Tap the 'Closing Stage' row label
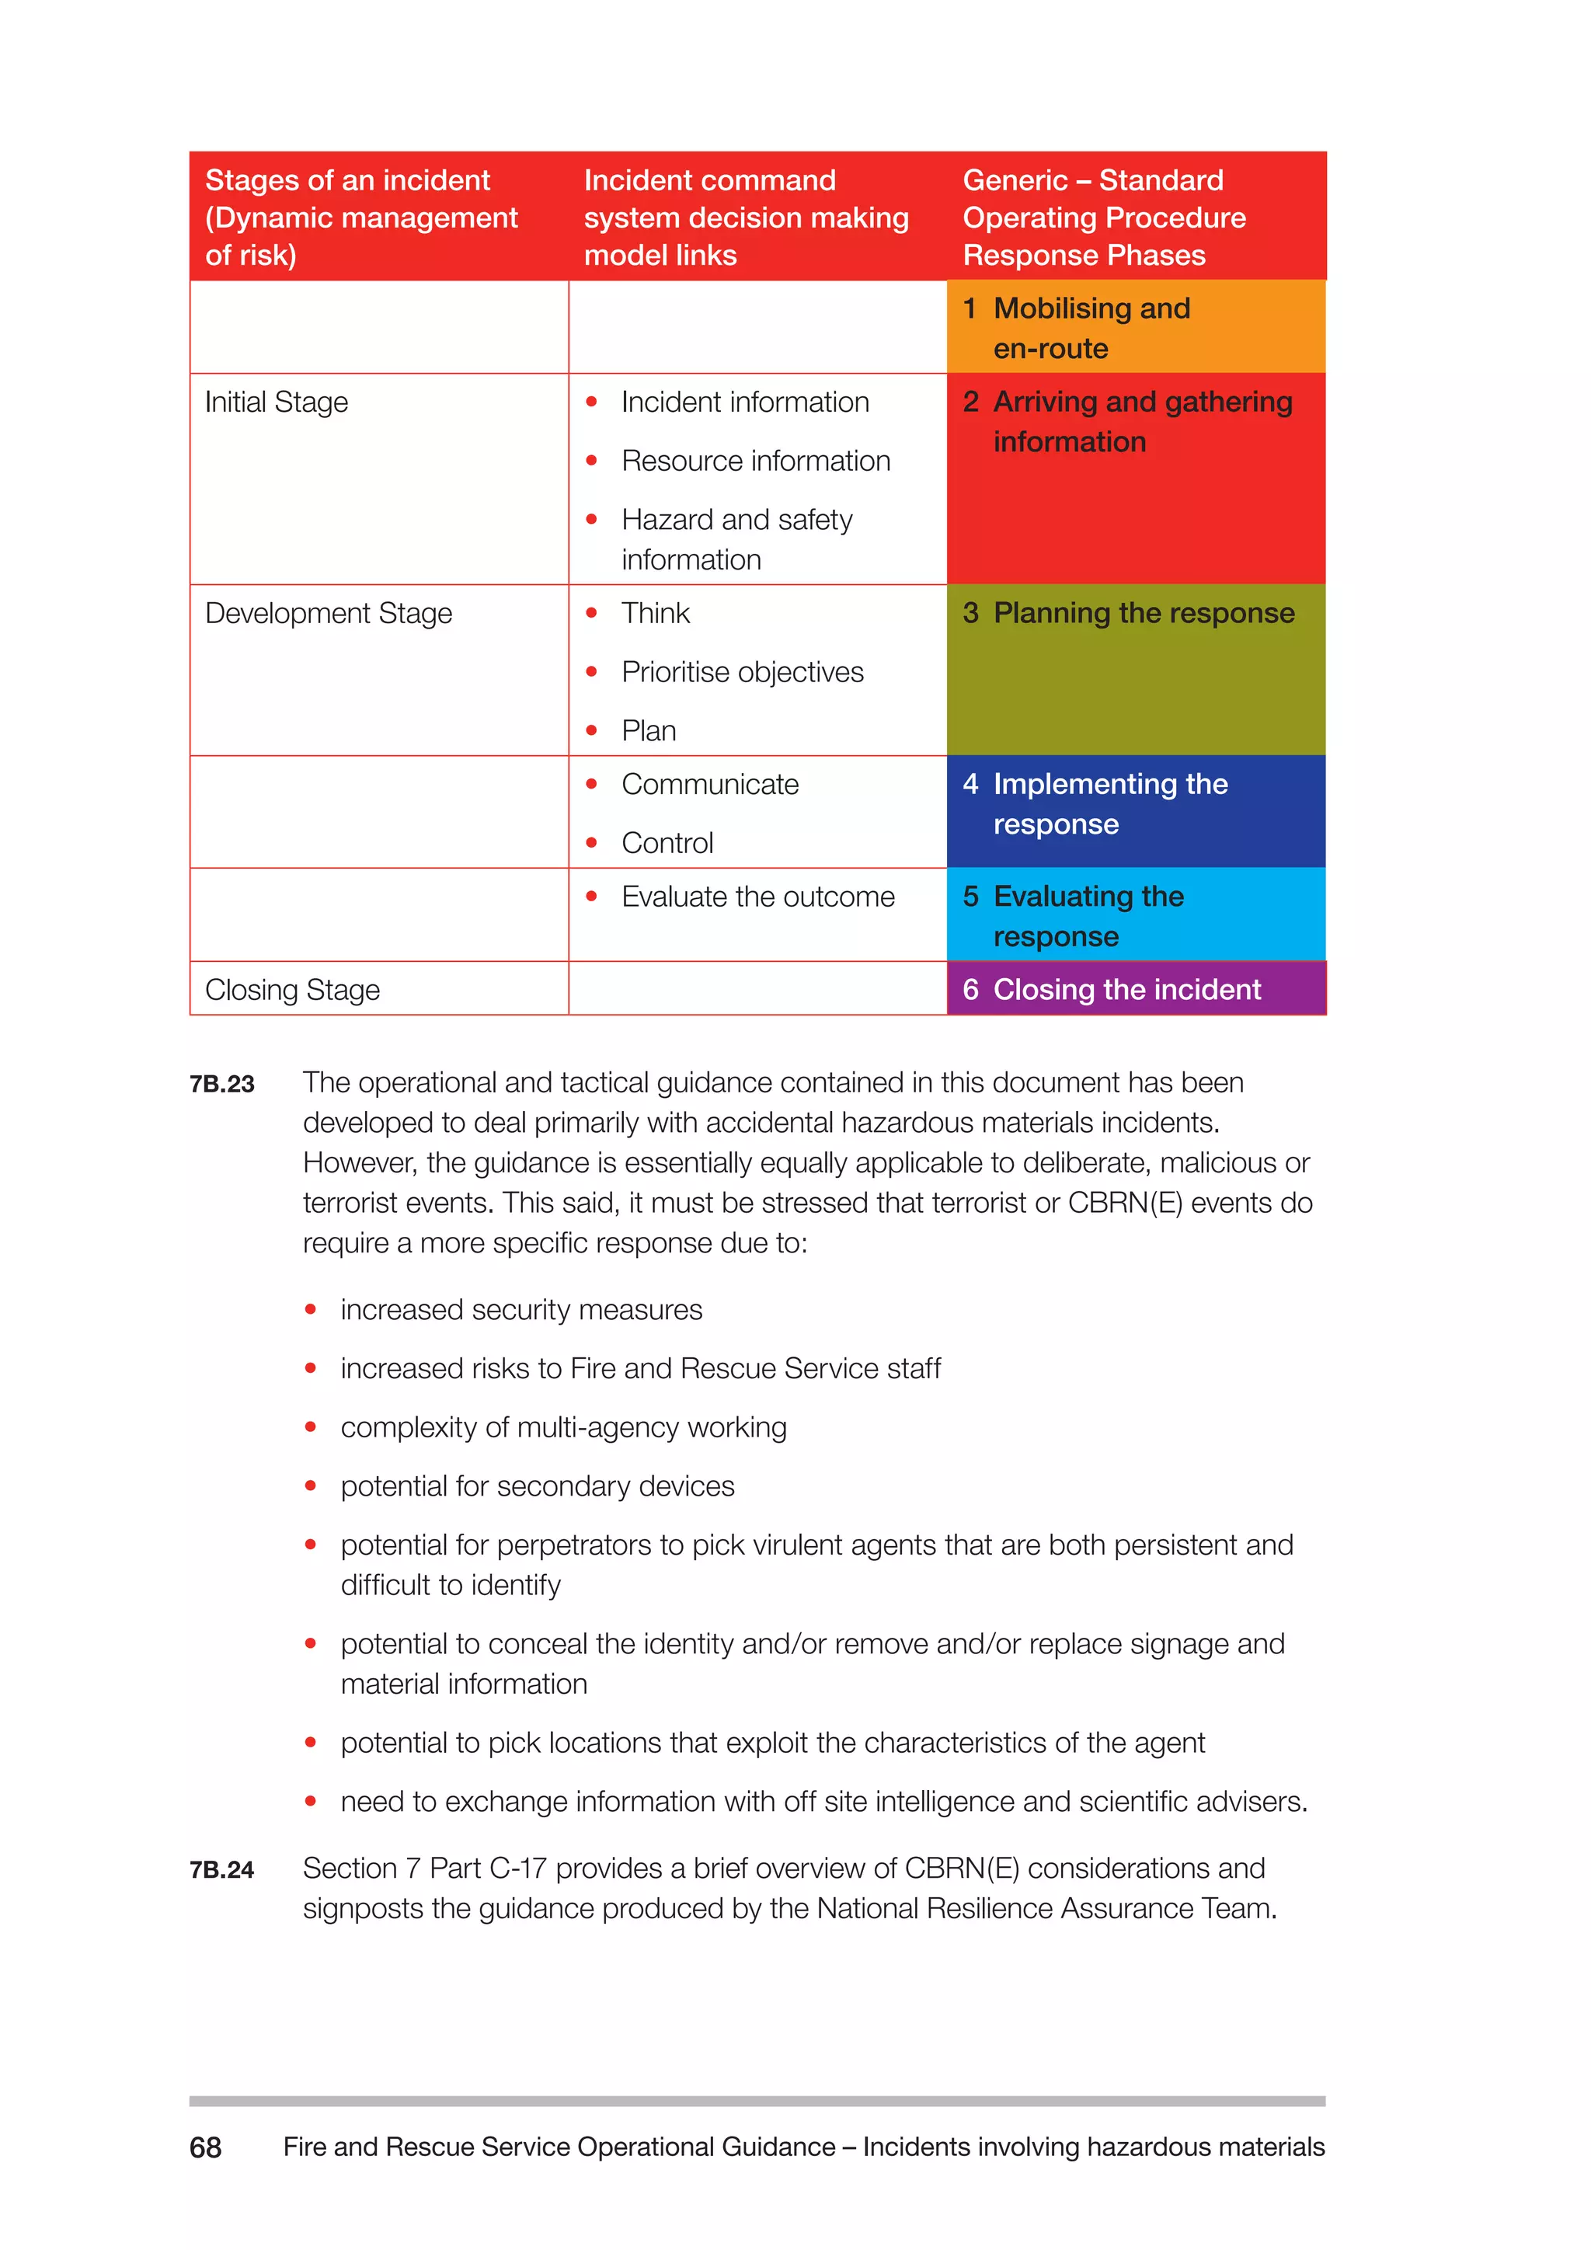click(292, 990)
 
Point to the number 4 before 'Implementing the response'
click(970, 785)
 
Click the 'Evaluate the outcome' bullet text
click(757, 897)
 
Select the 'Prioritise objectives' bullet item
click(742, 672)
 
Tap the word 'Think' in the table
click(656, 614)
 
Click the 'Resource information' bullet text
click(755, 461)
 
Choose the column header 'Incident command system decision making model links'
click(746, 218)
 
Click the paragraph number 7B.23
click(222, 1084)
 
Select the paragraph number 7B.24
click(222, 1870)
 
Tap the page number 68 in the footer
click(206, 2148)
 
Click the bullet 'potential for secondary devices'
click(537, 1486)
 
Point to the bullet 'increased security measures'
click(521, 1310)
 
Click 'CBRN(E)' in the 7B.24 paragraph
click(961, 1869)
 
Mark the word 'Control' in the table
click(667, 844)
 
